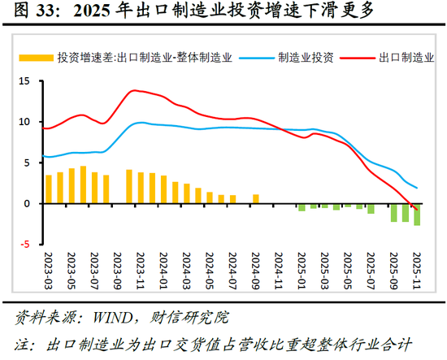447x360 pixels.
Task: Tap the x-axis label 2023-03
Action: pyautogui.click(x=49, y=271)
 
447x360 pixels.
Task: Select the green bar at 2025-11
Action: pyautogui.click(x=417, y=214)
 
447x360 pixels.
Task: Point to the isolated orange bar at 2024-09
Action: pyautogui.click(x=256, y=198)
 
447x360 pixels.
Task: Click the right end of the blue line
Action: pyautogui.click(x=417, y=188)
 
